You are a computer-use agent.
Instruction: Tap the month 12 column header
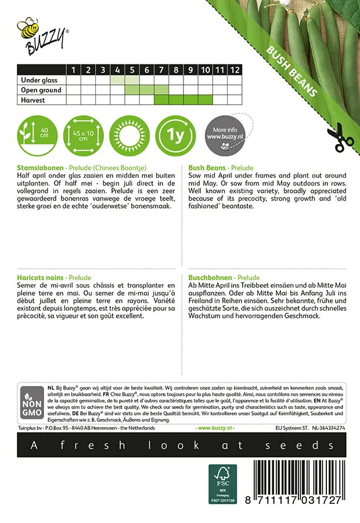234,70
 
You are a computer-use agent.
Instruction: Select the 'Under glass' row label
41,80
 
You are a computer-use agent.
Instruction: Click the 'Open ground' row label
41,90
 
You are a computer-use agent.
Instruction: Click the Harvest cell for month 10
205,100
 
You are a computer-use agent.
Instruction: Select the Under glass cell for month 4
117,80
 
